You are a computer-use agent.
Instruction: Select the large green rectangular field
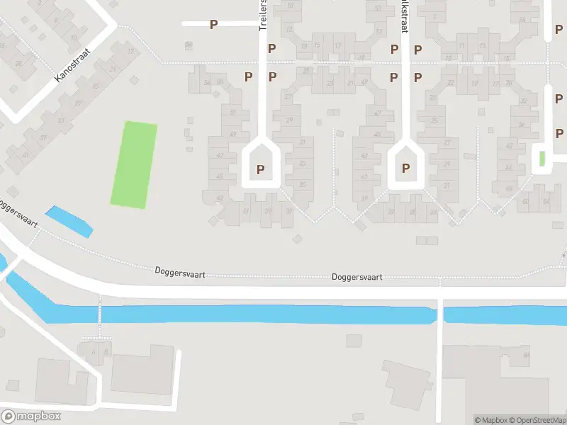[134, 164]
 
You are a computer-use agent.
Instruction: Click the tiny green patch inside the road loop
[542, 159]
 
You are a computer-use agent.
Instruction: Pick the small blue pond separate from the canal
[69, 222]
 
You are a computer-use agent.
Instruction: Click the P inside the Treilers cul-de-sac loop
[261, 169]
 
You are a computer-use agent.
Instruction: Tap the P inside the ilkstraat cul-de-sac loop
[406, 169]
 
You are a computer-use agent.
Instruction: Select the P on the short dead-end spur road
[213, 24]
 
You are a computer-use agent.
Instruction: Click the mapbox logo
[31, 416]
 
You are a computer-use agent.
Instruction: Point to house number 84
[526, 354]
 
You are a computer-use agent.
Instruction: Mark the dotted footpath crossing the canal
[99, 314]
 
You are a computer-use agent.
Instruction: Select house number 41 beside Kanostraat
[26, 154]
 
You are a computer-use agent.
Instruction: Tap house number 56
[546, 201]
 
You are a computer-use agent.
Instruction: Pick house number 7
[434, 17]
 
